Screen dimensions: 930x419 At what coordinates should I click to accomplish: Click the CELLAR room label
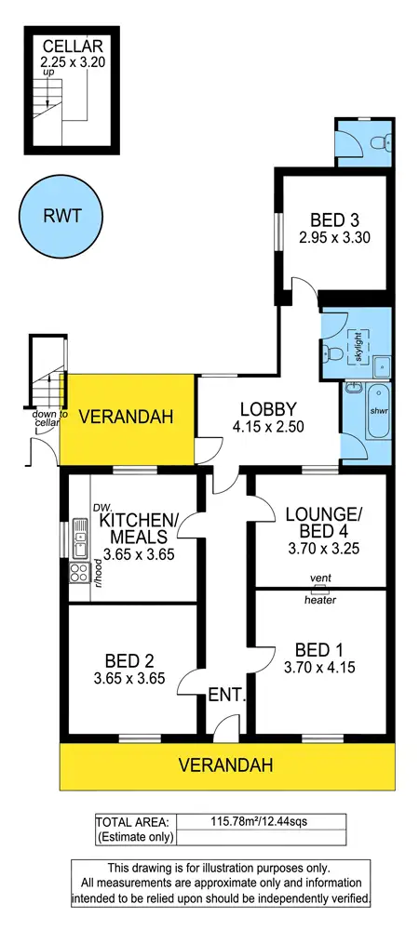coord(64,46)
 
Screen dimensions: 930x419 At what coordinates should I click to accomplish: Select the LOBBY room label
coord(268,408)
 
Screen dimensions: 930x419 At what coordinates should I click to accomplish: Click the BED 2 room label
coord(130,661)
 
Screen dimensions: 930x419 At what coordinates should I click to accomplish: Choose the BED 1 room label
coord(319,648)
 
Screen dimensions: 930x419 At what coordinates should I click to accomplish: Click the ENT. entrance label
coord(227,694)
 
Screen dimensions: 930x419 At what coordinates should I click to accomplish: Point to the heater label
coord(319,600)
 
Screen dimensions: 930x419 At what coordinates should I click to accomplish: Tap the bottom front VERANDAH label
coord(227,766)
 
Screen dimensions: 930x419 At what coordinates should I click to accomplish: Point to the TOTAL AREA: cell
coord(132,821)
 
